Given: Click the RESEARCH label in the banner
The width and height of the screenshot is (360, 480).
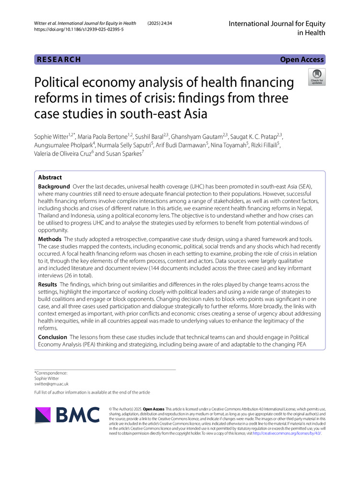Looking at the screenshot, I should click(x=58, y=60).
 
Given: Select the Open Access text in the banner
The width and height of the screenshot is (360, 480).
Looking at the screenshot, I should click(x=302, y=60).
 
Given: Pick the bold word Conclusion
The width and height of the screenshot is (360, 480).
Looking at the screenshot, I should click(x=53, y=337).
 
